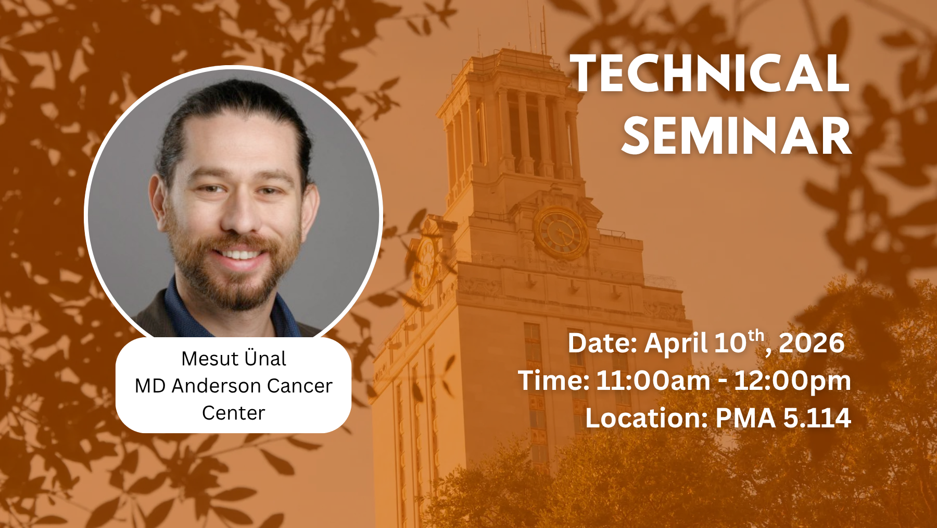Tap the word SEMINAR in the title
pos(736,136)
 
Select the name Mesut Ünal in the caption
pos(234,358)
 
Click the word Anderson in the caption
pos(216,386)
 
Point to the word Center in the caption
pos(234,413)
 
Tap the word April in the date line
pos(676,343)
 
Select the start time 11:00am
pos(653,380)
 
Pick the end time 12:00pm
pos(793,381)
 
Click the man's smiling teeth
pos(240,255)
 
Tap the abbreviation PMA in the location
pos(746,418)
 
